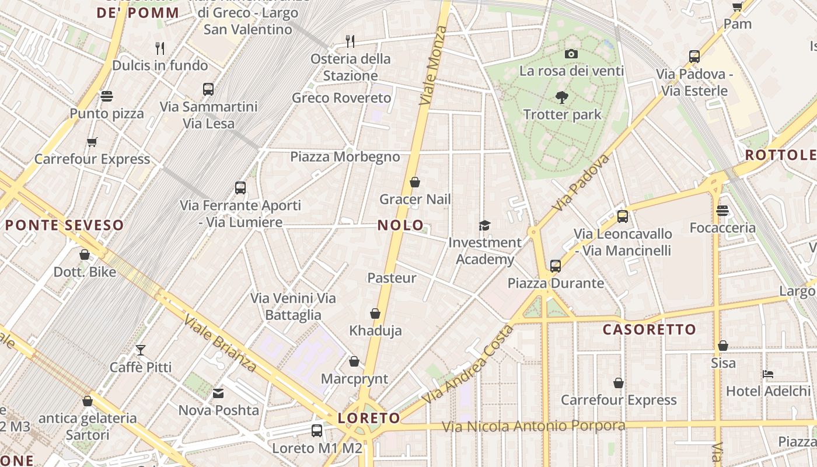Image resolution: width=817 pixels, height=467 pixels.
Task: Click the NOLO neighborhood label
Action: (x=400, y=225)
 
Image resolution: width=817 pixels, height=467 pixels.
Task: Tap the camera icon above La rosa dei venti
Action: (x=571, y=54)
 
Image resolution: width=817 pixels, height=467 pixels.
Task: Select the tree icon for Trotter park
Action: (x=562, y=97)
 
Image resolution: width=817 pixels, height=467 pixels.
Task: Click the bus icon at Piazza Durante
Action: (x=555, y=266)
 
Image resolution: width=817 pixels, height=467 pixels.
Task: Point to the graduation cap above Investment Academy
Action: (x=484, y=225)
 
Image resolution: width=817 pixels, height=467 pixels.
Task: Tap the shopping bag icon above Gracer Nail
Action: (x=415, y=182)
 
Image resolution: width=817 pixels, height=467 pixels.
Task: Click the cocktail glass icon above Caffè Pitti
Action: (x=141, y=350)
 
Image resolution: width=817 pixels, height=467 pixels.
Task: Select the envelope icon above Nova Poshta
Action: (x=218, y=393)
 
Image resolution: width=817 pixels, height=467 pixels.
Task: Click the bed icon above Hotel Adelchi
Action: (x=768, y=374)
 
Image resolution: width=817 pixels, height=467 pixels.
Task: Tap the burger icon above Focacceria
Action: (x=722, y=211)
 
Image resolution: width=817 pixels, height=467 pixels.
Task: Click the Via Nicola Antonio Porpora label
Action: (x=533, y=426)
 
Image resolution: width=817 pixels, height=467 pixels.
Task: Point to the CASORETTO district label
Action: (x=650, y=330)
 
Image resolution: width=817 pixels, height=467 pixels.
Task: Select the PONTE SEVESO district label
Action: (x=64, y=225)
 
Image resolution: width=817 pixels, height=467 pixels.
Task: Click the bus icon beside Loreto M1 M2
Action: (x=317, y=431)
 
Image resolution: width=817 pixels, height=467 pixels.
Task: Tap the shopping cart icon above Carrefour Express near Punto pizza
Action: (x=92, y=142)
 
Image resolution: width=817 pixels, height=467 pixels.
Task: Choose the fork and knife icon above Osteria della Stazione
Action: (x=350, y=41)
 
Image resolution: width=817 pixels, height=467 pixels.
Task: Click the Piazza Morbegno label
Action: (x=345, y=156)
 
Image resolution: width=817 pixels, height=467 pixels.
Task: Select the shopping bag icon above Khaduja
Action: (x=375, y=314)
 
